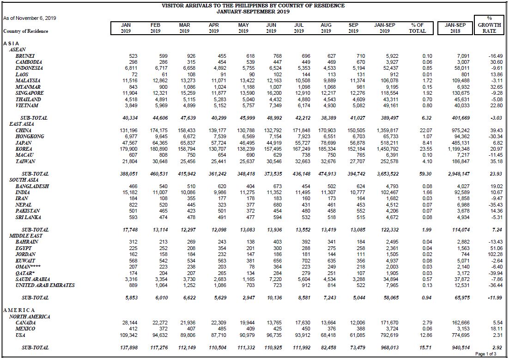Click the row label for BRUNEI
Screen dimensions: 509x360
click(x=24, y=56)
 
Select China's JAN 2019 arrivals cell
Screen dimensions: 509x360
click(x=128, y=130)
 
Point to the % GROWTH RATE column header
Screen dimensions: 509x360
click(x=489, y=24)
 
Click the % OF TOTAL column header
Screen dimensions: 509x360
click(x=417, y=28)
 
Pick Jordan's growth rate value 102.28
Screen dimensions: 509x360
click(x=495, y=255)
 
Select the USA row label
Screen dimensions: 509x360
click(x=20, y=335)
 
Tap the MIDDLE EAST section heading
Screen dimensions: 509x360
click(x=26, y=236)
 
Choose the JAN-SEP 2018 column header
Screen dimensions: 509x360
click(x=455, y=28)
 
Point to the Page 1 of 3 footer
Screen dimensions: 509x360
click(x=485, y=354)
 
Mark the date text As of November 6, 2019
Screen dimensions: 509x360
click(x=30, y=18)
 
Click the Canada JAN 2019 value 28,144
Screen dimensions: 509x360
click(x=130, y=323)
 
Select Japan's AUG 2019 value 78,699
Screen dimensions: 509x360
click(x=328, y=143)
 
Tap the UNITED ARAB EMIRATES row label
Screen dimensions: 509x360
click(x=45, y=285)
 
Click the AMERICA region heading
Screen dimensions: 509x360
click(x=19, y=310)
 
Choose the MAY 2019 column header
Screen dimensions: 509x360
click(x=243, y=28)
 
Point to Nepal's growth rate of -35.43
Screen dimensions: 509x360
click(x=495, y=205)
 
